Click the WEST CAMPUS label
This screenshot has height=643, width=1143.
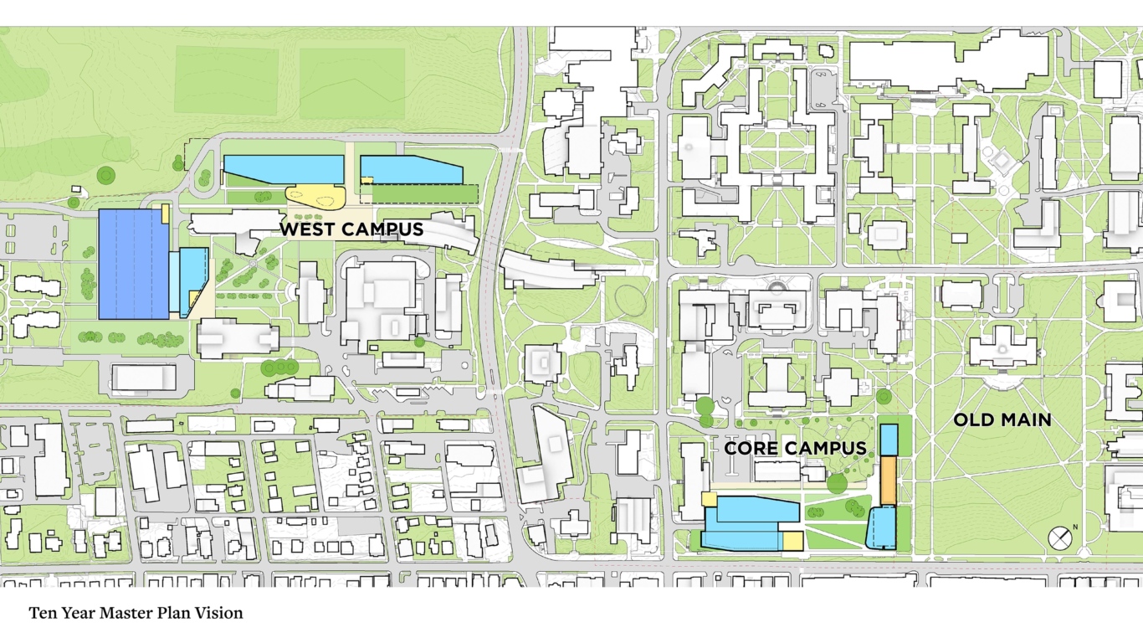[x=351, y=229]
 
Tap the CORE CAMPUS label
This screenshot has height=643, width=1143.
[x=795, y=449]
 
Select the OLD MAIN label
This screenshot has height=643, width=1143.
[x=1002, y=419]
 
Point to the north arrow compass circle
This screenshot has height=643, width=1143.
[x=1059, y=538]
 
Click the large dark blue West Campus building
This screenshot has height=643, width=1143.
[x=133, y=264]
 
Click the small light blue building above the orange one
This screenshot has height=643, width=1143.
[x=889, y=439]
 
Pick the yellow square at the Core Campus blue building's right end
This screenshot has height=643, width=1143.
[x=792, y=540]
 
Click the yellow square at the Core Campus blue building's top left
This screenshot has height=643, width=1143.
[x=709, y=500]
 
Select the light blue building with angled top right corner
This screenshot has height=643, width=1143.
[x=410, y=170]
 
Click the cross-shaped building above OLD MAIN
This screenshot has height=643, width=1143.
[x=1002, y=346]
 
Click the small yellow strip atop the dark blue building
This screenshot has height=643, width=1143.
[x=165, y=213]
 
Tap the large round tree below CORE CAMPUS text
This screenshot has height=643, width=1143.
[x=836, y=482]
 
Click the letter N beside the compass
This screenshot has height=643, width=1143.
[x=1075, y=527]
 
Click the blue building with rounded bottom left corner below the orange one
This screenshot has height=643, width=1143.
[x=880, y=527]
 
